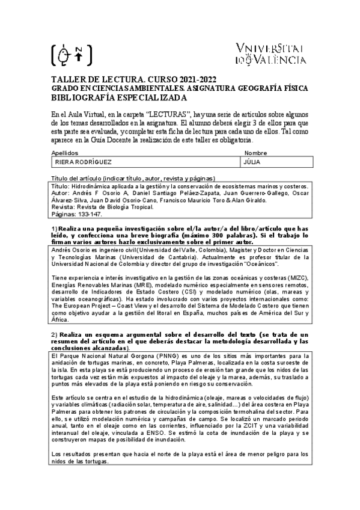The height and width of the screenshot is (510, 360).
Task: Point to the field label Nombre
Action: coord(255,153)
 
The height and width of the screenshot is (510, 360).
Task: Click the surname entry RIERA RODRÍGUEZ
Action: coord(84,162)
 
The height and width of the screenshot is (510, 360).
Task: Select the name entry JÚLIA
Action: coord(252,162)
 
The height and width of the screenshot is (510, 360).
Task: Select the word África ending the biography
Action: coord(61,321)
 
